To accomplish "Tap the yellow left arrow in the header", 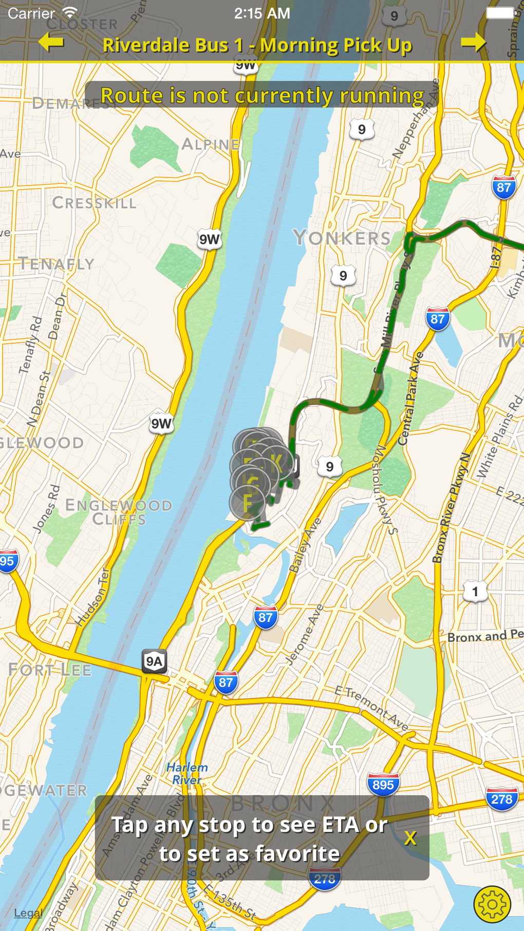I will pos(51,43).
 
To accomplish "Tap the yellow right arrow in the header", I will pos(473,43).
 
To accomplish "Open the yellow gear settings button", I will pos(492,904).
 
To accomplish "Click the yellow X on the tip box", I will pos(410,838).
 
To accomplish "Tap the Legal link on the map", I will pos(28,913).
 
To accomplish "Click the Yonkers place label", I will pos(342,238).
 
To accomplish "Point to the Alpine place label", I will pos(211,144).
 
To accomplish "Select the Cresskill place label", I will pos(95,203).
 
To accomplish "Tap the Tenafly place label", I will pos(57,264).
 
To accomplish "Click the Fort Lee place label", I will pos(50,670).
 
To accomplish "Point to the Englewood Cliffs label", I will pos(119,512).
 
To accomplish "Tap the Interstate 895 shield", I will pos(383,785).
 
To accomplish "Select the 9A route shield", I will pos(154,661).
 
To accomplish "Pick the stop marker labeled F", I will pos(248,503).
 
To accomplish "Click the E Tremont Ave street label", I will pos(371,708).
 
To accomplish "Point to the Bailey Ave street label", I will pos(305,545).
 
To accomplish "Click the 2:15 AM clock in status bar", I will pos(262,13).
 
